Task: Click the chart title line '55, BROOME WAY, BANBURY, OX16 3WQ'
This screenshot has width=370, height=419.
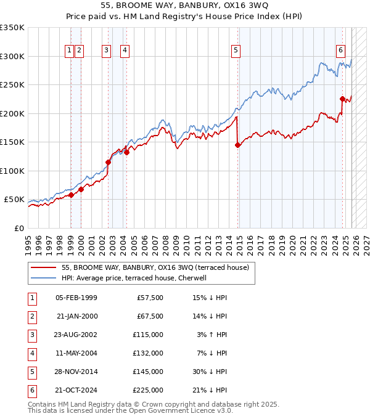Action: pyautogui.click(x=184, y=6)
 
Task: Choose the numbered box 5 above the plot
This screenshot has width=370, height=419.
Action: pyautogui.click(x=236, y=51)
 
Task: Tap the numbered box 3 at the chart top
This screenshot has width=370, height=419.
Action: pyautogui.click(x=106, y=51)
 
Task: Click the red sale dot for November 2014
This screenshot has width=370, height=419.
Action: pyautogui.click(x=238, y=145)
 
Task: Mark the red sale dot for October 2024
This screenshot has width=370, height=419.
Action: pyautogui.click(x=342, y=99)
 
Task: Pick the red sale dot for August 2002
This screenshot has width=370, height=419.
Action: pyautogui.click(x=108, y=163)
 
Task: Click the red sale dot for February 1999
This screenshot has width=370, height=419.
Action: pyautogui.click(x=71, y=195)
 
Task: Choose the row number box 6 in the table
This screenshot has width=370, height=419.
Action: pyautogui.click(x=31, y=390)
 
